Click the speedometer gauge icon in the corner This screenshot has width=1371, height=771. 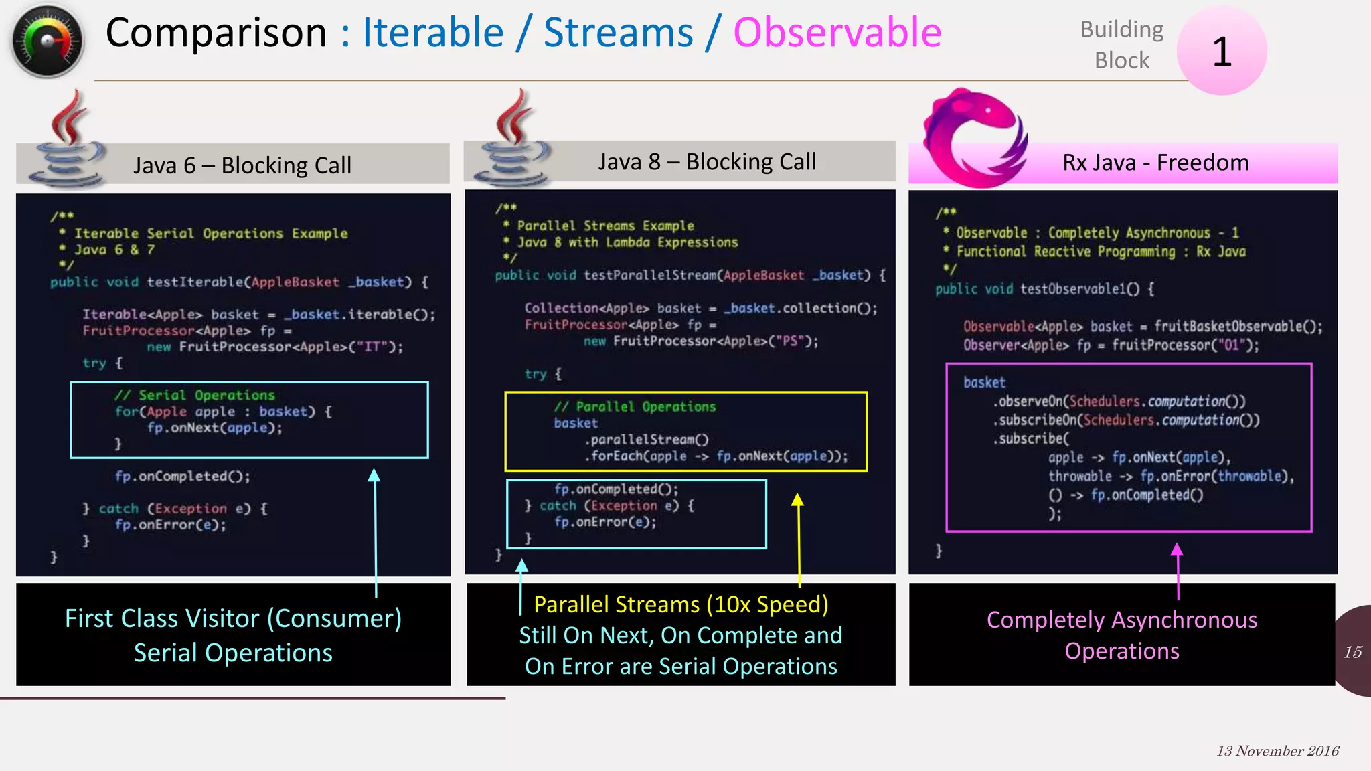47,41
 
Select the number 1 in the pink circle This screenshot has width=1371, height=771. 1222,52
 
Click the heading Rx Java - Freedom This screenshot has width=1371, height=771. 1155,163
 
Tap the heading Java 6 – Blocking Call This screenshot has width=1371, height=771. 242,165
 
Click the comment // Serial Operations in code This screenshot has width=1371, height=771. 194,395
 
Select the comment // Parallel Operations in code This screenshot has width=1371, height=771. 635,406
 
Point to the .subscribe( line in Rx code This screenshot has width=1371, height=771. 1031,439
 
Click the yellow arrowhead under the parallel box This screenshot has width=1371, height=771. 797,500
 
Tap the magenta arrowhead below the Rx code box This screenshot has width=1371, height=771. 1177,550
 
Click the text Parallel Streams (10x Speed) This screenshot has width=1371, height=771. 681,604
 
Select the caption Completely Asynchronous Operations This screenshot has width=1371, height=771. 1122,634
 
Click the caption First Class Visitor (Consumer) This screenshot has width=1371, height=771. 233,618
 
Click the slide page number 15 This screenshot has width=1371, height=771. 1352,652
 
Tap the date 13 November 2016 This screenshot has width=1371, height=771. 1277,751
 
